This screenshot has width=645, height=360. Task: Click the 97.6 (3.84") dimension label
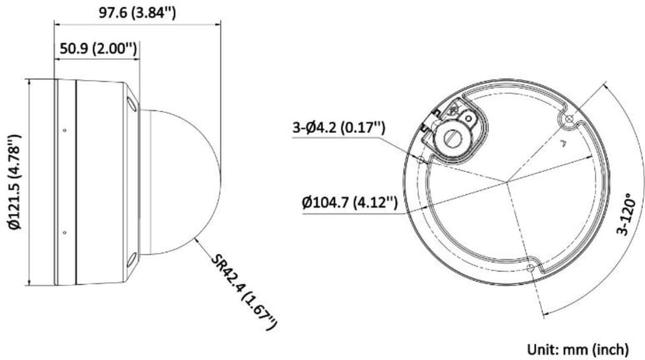point(137,12)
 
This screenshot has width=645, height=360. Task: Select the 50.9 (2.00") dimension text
point(98,49)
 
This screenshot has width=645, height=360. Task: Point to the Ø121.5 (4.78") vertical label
point(14,181)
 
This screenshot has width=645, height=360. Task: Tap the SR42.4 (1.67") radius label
point(243,291)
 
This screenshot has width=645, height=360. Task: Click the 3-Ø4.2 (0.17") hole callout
point(339,128)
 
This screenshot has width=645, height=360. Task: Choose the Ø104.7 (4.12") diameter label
point(349,202)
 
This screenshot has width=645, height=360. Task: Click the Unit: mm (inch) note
point(578,349)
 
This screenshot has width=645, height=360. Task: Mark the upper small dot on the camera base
point(64,130)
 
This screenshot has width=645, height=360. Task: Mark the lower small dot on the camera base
point(64,232)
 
